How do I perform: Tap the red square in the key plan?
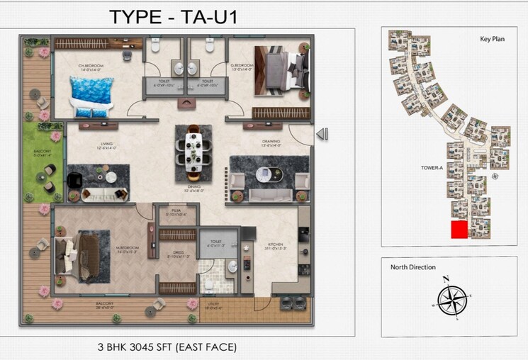pyautogui.click(x=459, y=230)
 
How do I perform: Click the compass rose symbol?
pyautogui.click(x=451, y=300)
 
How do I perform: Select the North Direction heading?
pyautogui.click(x=413, y=268)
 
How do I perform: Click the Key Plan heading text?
pyautogui.click(x=492, y=40)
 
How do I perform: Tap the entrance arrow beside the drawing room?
pyautogui.click(x=321, y=133)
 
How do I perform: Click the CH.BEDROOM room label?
pyautogui.click(x=92, y=67)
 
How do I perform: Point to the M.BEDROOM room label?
pyautogui.click(x=128, y=247)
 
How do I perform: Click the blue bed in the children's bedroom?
pyautogui.click(x=91, y=96)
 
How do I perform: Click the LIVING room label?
pyautogui.click(x=107, y=145)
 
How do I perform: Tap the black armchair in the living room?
pyautogui.click(x=74, y=181)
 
